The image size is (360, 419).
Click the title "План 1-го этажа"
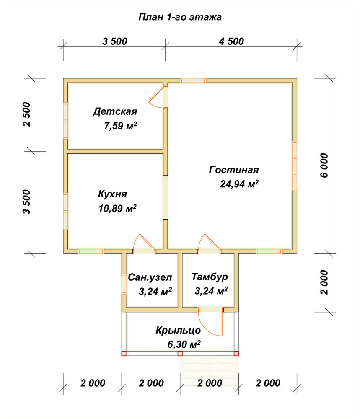(x=180, y=17)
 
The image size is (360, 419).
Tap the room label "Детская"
(x=115, y=111)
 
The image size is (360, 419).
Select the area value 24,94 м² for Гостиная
(x=239, y=184)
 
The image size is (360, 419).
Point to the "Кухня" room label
(x=112, y=194)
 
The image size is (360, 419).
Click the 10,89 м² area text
(x=117, y=208)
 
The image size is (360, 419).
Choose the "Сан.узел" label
(x=150, y=277)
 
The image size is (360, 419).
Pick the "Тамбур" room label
(x=210, y=277)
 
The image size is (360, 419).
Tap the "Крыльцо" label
(x=178, y=331)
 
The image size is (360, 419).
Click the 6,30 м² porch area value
(x=184, y=344)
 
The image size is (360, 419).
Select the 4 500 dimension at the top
(x=231, y=41)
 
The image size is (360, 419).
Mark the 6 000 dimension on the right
(x=324, y=166)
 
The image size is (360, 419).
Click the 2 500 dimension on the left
(x=27, y=114)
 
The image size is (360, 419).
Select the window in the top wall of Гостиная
(x=193, y=80)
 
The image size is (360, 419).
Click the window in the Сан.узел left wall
(x=124, y=284)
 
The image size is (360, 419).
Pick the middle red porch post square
(x=180, y=354)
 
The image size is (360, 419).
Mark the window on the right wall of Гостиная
(x=295, y=166)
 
